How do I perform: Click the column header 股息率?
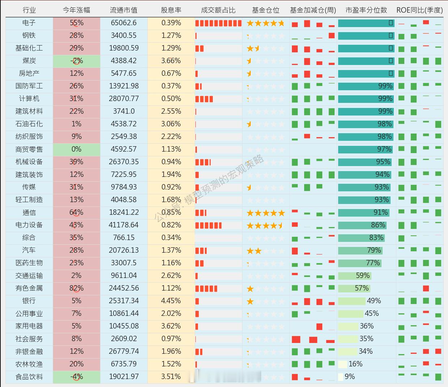click(x=171, y=10)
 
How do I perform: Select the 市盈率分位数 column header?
click(x=366, y=10)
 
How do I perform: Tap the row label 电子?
click(x=29, y=23)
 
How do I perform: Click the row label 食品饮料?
click(x=29, y=377)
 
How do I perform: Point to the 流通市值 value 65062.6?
click(x=124, y=23)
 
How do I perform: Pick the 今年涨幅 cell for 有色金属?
click(x=76, y=288)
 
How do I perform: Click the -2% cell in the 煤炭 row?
click(x=76, y=61)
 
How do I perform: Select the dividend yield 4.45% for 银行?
click(x=171, y=301)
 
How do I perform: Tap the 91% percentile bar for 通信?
click(x=363, y=213)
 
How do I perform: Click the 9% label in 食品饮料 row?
click(x=350, y=377)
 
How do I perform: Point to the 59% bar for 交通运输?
click(x=354, y=276)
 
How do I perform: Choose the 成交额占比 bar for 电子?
click(x=218, y=23)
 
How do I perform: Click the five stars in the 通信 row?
click(x=266, y=213)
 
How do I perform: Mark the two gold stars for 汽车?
click(x=254, y=251)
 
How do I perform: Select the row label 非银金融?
click(x=29, y=352)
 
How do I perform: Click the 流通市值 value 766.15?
click(x=124, y=238)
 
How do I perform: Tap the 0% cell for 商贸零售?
click(x=76, y=149)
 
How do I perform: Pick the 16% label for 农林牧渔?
click(x=356, y=364)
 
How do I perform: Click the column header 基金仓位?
click(x=266, y=10)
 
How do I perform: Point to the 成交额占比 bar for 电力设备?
click(x=208, y=226)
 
